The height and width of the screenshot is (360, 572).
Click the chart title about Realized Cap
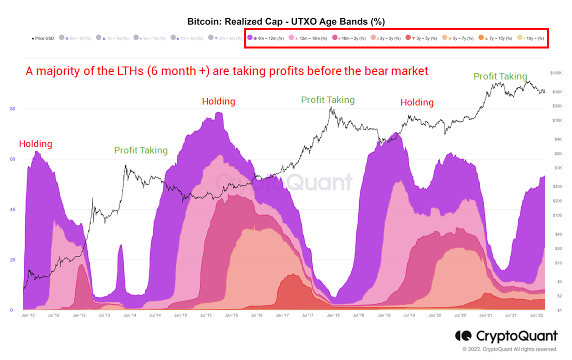pos(285,21)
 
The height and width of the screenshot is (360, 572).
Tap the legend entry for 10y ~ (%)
pos(530,38)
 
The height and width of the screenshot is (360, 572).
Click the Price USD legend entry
pos(42,38)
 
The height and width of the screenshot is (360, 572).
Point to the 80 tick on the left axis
pos(12,109)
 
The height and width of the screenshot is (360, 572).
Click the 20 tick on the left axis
pos(12,260)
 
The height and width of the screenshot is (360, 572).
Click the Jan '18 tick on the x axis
pos(333,315)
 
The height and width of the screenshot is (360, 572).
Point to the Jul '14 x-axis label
pos(155,315)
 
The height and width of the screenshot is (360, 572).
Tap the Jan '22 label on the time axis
pos(537,315)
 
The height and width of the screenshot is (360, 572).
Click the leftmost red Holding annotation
pos(35,144)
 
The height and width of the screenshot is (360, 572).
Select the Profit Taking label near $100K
pos(500,76)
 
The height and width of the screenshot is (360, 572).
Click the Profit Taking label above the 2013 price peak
pos(141,150)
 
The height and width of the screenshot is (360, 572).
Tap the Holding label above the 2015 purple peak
pos(218,101)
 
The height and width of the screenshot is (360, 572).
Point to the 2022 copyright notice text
pos(510,349)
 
